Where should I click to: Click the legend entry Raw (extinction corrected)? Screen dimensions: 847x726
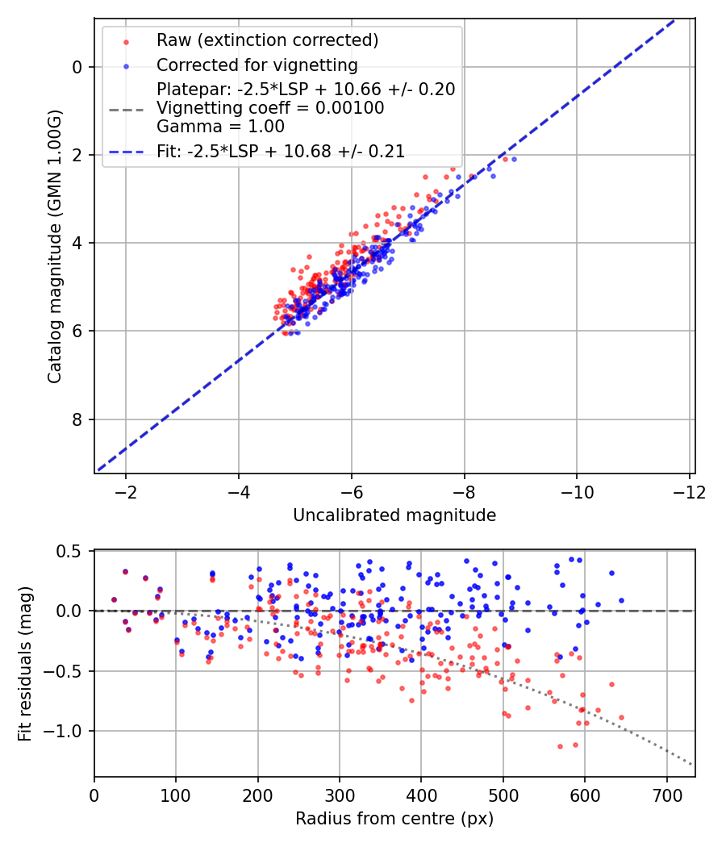click(x=267, y=40)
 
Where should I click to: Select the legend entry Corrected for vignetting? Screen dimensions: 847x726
click(x=257, y=65)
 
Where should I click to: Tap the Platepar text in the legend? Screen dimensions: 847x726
click(x=306, y=90)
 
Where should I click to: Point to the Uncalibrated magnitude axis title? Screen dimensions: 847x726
click(x=394, y=515)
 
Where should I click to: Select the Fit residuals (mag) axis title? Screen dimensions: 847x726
click(x=25, y=664)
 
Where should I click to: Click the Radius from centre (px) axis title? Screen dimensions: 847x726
click(x=394, y=819)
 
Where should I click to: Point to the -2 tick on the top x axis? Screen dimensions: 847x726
click(x=125, y=491)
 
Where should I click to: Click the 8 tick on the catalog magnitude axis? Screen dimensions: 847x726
click(x=77, y=419)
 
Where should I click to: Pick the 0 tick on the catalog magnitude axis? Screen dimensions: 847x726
click(x=77, y=67)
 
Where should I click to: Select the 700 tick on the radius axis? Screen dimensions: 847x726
click(x=666, y=795)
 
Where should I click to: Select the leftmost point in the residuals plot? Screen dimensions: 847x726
click(x=114, y=599)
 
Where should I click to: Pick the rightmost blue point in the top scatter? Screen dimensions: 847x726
click(x=514, y=159)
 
